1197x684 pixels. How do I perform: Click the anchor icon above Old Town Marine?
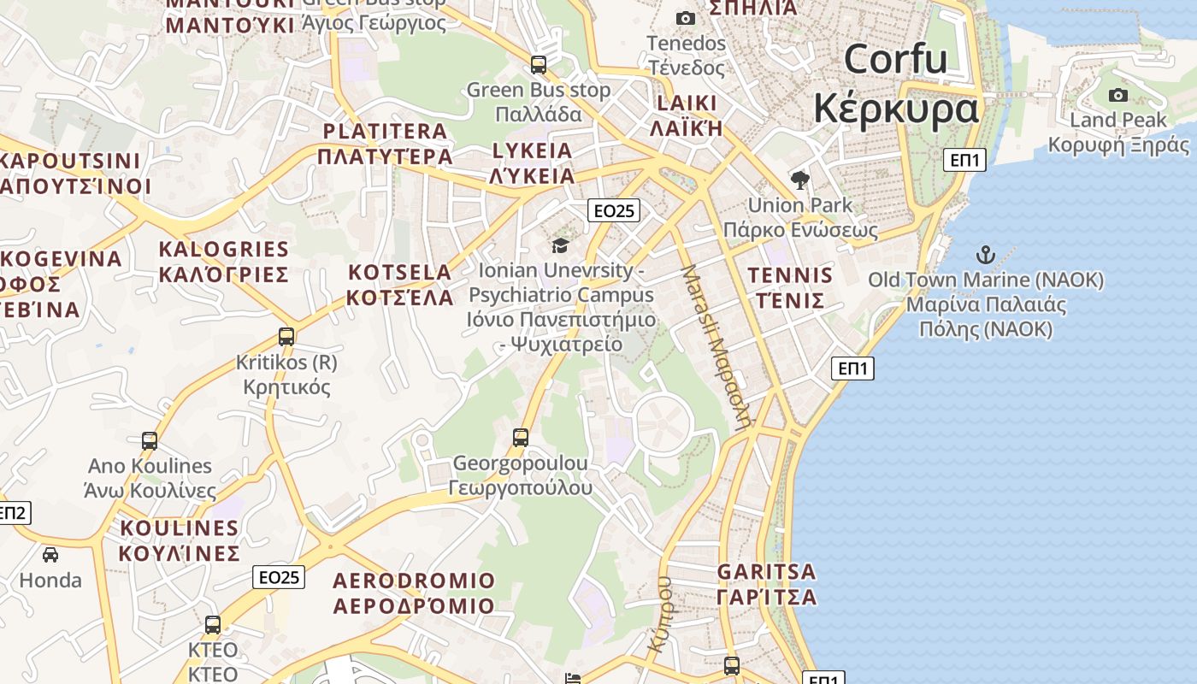coord(986,255)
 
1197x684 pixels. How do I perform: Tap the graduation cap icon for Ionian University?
coord(560,245)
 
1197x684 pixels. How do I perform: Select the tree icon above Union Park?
coord(800,180)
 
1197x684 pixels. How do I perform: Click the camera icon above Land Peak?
coord(1117,95)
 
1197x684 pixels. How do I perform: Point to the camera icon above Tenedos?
coord(685,18)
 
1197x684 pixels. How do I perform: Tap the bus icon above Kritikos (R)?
coord(286,337)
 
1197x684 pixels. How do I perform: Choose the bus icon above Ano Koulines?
coord(150,441)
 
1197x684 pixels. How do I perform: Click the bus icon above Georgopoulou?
coord(520,438)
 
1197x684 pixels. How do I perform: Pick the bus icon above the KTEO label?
coord(213,625)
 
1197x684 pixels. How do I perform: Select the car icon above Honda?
coord(50,555)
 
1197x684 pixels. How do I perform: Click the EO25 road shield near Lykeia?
coord(615,210)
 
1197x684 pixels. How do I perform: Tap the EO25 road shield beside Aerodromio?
coord(280,577)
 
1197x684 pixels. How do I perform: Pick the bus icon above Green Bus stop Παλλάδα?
coord(539,65)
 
